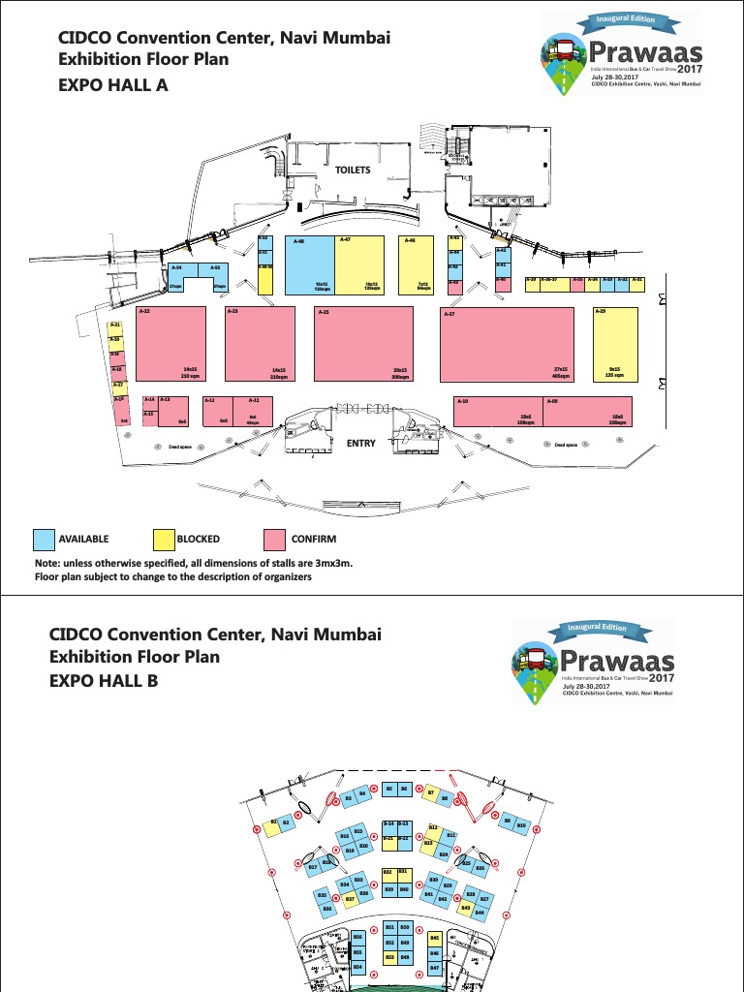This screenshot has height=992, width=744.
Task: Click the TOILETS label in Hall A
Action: (353, 170)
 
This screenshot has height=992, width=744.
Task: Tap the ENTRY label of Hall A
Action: (360, 443)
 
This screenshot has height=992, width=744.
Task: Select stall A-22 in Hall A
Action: (170, 343)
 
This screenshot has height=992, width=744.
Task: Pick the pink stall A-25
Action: (363, 344)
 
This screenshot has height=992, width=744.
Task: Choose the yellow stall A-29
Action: (615, 344)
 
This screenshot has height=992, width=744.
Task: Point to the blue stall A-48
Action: (309, 264)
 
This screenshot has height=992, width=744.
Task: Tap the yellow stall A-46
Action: (416, 264)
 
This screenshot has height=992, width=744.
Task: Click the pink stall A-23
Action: (260, 344)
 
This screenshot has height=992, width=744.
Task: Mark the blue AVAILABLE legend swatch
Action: (45, 540)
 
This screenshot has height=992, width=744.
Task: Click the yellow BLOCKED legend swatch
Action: (165, 540)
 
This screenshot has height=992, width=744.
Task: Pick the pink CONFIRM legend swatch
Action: (275, 540)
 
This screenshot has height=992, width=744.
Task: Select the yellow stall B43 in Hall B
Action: (465, 907)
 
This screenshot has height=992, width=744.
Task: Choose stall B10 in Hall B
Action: (521, 824)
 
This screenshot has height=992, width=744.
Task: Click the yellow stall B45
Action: (434, 938)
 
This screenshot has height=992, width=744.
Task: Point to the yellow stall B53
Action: (389, 957)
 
